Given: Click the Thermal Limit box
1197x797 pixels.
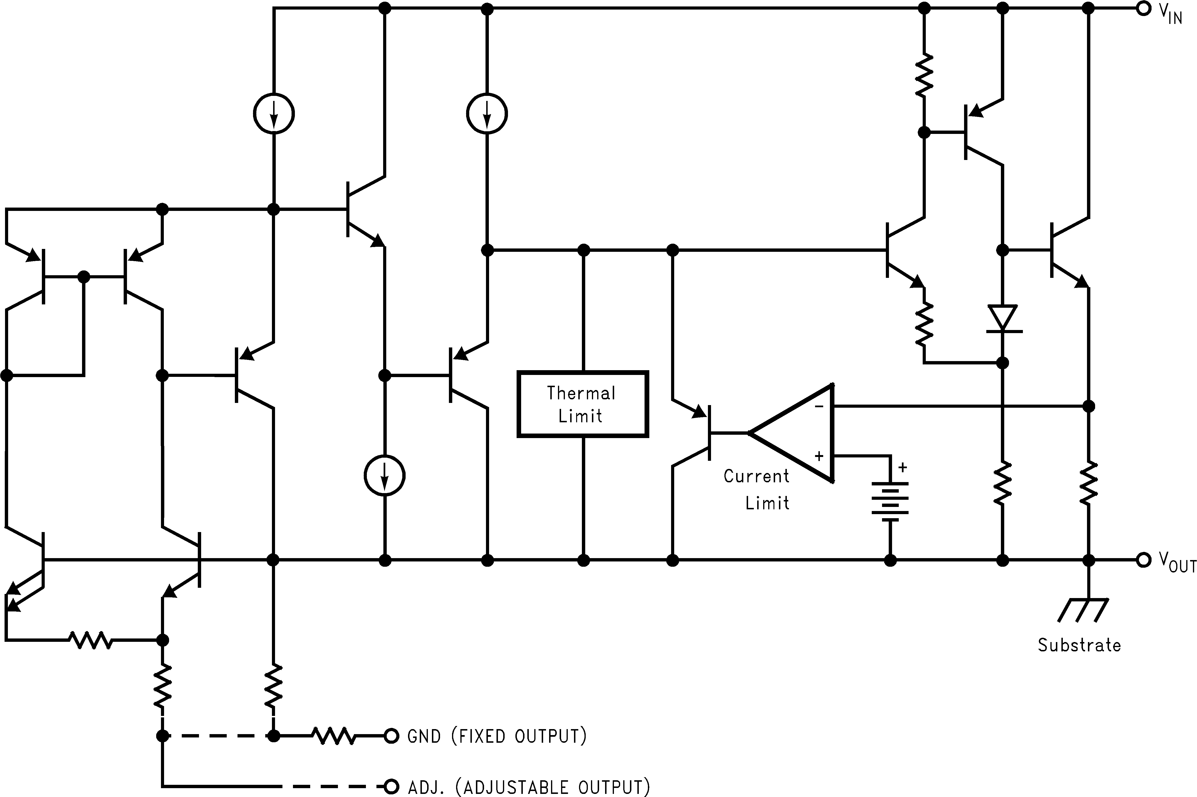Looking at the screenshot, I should pyautogui.click(x=583, y=404).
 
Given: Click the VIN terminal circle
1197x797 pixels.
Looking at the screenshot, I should pyautogui.click(x=1143, y=9).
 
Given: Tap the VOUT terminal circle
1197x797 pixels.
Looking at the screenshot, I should pyautogui.click(x=1143, y=560).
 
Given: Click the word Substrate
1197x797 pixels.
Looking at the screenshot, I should pyautogui.click(x=1079, y=646).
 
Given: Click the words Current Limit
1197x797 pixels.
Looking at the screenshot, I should pyautogui.click(x=757, y=489).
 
